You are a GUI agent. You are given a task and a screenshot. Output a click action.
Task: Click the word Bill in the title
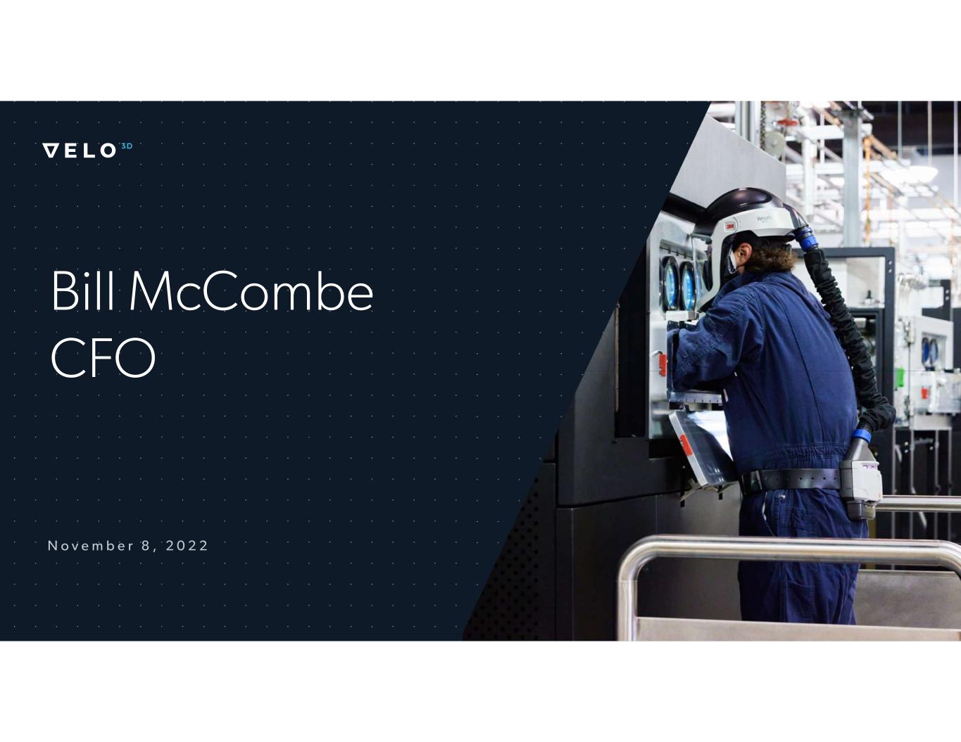(82, 291)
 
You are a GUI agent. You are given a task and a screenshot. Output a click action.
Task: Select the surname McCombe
(251, 291)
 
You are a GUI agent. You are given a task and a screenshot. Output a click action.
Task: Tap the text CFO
(103, 357)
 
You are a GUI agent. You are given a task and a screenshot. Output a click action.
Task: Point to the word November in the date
(90, 546)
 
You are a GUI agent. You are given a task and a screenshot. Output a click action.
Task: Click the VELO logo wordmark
(80, 151)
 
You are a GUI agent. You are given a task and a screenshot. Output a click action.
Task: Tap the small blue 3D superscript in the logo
(127, 146)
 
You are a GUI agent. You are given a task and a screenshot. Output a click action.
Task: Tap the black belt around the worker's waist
(791, 480)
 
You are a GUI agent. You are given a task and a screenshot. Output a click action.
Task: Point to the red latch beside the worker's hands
(662, 365)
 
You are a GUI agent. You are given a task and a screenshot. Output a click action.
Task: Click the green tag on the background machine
(899, 378)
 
